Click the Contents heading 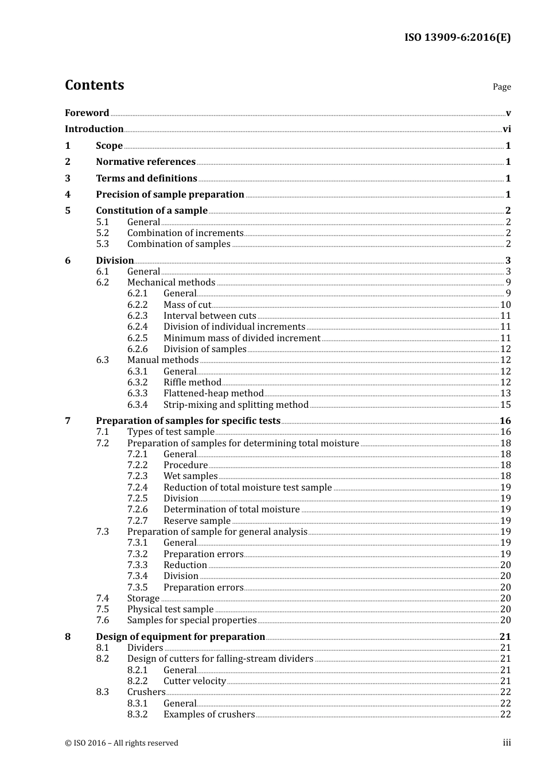[94, 85]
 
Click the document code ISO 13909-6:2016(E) [457, 38]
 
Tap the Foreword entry [87, 113]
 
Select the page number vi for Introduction [507, 129]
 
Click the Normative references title [146, 162]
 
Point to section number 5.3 [102, 244]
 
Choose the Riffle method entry [192, 383]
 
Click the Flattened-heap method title [213, 393]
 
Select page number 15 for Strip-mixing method [505, 405]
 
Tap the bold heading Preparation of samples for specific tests [188, 421]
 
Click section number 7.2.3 [137, 476]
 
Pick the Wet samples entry [190, 476]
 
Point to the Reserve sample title [197, 521]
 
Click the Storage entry [143, 599]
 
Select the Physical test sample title [170, 609]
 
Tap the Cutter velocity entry [194, 681]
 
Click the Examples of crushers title [209, 715]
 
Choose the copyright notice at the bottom [122, 743]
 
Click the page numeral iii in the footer [507, 743]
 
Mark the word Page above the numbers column [501, 87]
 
